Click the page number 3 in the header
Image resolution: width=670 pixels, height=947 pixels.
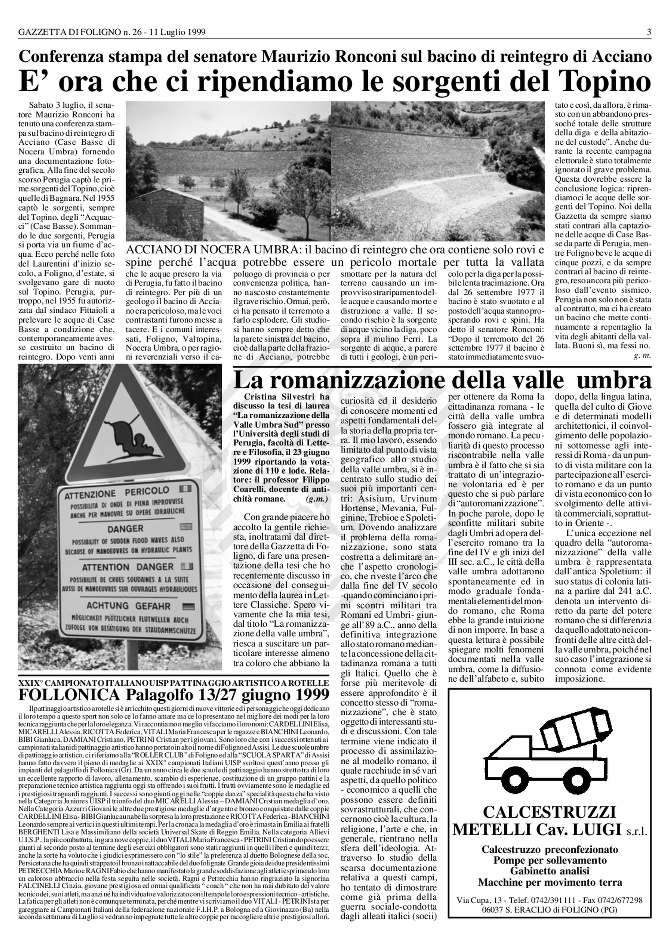point(649,32)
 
